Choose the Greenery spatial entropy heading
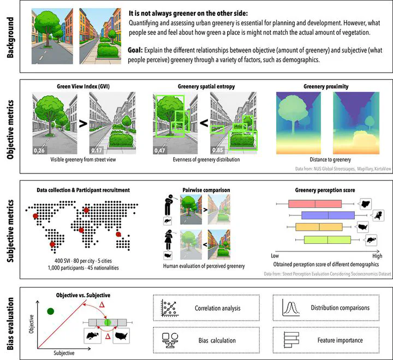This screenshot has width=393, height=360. pyautogui.click(x=204, y=86)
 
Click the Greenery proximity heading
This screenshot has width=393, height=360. pyautogui.click(x=325, y=86)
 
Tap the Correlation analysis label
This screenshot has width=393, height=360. pyautogui.click(x=217, y=308)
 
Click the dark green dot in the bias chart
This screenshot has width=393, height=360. pyautogui.click(x=50, y=311)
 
